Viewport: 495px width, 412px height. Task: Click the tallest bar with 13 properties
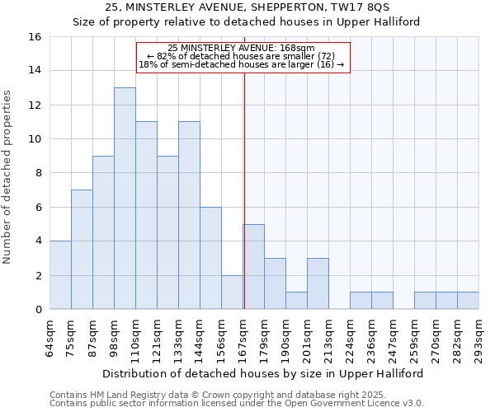[125, 198]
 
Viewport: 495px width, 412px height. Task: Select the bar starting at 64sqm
[60, 274]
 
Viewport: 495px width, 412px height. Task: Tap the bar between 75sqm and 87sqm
[82, 249]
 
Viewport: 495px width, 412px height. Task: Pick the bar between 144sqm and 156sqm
[210, 257]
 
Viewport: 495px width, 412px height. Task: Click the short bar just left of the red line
[232, 292]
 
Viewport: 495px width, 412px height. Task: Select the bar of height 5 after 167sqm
[253, 266]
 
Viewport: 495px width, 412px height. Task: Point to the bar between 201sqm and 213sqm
[318, 283]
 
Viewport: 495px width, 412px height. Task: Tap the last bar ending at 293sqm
[468, 301]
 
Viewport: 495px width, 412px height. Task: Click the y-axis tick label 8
[38, 173]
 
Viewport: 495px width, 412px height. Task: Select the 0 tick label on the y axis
[38, 310]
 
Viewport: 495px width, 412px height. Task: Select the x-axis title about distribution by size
[264, 373]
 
